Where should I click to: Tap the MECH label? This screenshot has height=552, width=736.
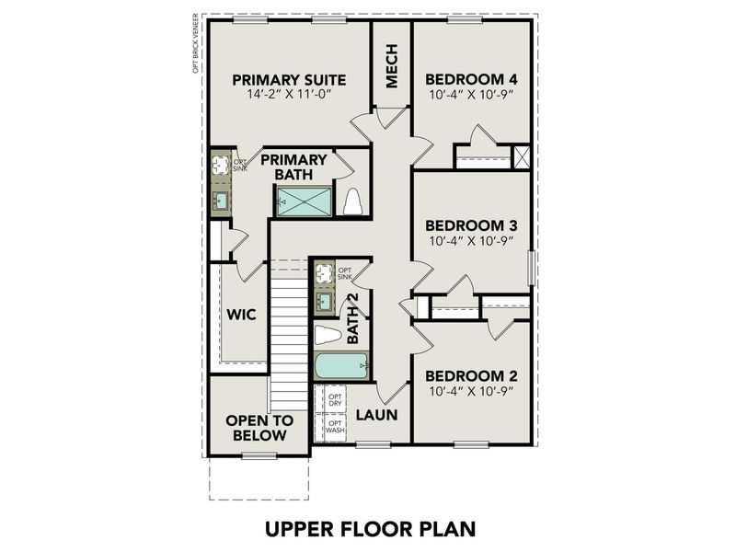391,67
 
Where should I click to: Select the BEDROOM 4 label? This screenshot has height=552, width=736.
471,78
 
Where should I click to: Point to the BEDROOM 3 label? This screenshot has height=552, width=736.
471,225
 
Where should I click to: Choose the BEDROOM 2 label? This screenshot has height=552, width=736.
471,375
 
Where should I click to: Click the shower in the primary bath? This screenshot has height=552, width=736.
305,201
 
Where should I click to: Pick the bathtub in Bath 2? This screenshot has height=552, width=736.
340,366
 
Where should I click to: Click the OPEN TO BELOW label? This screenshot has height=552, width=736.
259,427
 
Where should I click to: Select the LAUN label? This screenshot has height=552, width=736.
377,415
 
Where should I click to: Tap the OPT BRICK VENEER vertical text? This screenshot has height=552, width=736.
195,42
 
